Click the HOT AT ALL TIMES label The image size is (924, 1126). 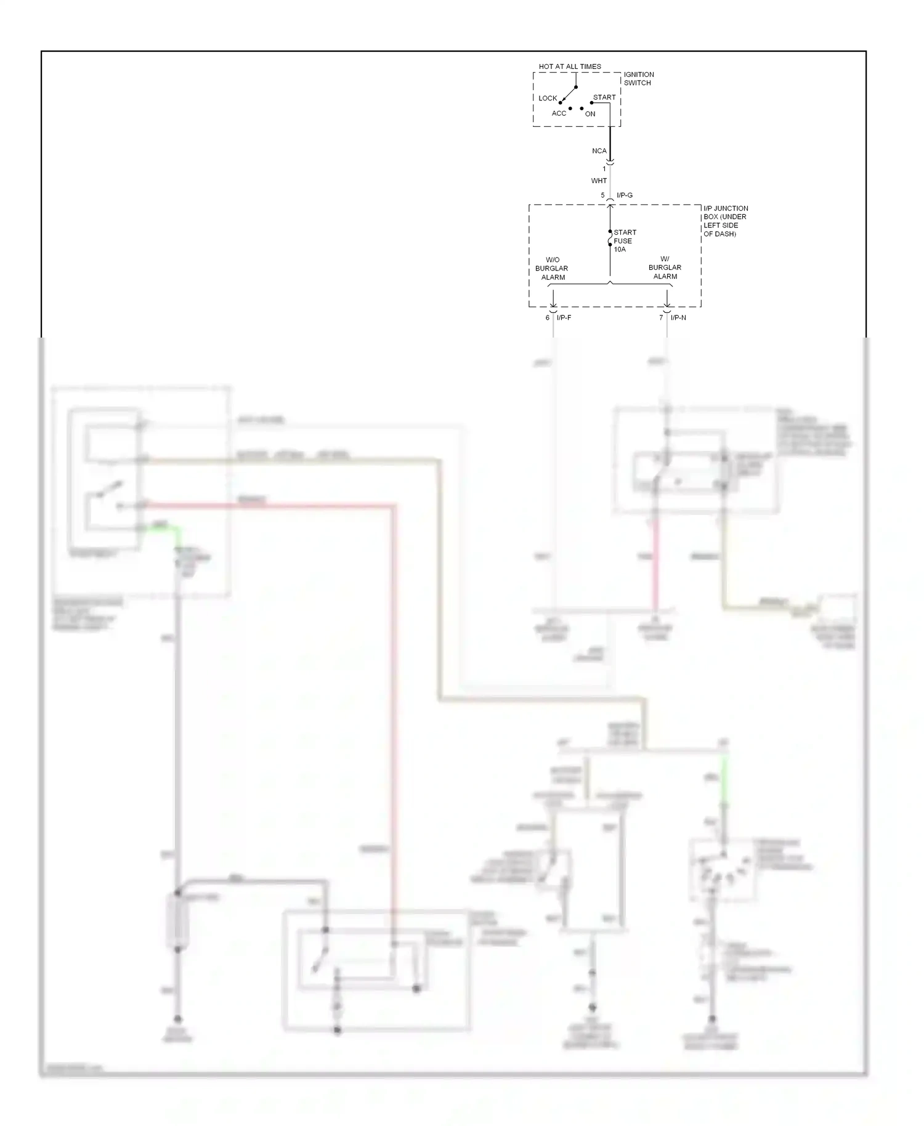click(x=569, y=67)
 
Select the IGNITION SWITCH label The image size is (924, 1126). click(x=638, y=79)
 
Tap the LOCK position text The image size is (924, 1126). click(x=547, y=99)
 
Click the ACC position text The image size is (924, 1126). click(x=558, y=113)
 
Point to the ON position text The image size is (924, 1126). click(x=590, y=114)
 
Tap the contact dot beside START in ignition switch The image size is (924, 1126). click(x=591, y=103)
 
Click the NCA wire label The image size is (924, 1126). click(x=599, y=151)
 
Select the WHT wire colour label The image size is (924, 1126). click(x=598, y=181)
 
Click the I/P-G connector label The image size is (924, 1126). click(x=624, y=195)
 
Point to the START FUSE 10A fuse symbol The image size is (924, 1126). click(x=610, y=238)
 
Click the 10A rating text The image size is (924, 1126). click(x=619, y=249)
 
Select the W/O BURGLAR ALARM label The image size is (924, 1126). click(x=551, y=269)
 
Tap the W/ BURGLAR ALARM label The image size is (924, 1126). click(x=665, y=268)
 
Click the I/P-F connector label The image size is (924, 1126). click(x=564, y=318)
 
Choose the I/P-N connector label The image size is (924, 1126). click(x=678, y=318)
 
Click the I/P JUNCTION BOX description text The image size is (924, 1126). click(x=725, y=221)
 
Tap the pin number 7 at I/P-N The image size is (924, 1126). click(x=661, y=318)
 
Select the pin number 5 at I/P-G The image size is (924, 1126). click(x=602, y=195)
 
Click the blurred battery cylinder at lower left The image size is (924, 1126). click(x=177, y=921)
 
